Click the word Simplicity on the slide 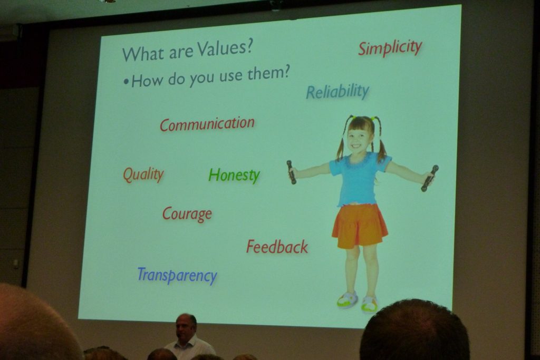(390, 47)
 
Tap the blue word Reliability (337, 92)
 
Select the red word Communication (207, 124)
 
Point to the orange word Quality (143, 174)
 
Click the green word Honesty (234, 175)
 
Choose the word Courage (187, 214)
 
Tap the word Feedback (277, 247)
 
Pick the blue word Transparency (177, 275)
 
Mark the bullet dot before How (127, 82)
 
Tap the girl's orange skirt (360, 226)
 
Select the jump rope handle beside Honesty (291, 172)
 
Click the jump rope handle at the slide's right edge (429, 178)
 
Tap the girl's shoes (358, 302)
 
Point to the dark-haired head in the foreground (414, 331)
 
